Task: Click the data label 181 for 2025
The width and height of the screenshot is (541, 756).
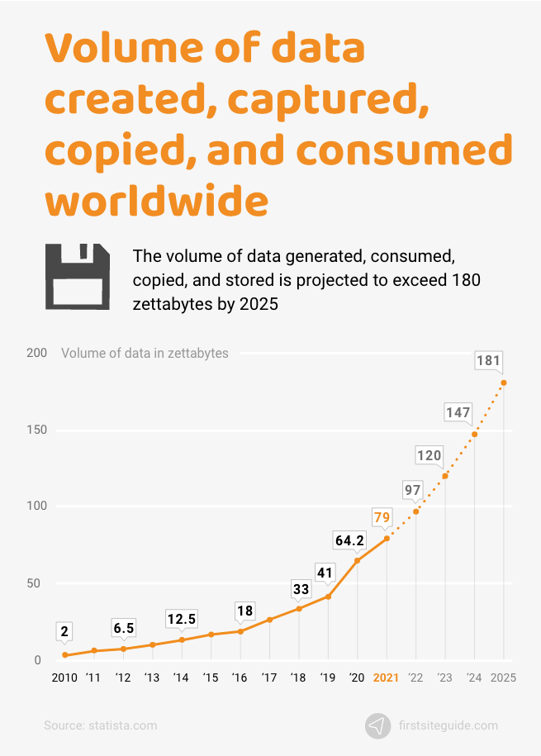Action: [488, 360]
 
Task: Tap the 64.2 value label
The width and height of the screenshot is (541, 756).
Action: [349, 540]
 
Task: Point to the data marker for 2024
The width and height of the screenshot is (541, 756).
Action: [474, 435]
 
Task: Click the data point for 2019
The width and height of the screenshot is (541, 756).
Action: [328, 597]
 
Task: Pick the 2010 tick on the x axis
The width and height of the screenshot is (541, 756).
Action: [64, 678]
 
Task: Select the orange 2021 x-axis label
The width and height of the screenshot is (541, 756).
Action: [386, 678]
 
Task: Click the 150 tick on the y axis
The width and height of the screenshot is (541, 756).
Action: [35, 430]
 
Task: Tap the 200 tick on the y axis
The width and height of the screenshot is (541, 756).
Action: [35, 354]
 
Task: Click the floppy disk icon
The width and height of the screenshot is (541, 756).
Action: [78, 277]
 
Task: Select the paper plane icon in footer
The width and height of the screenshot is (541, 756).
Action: [377, 725]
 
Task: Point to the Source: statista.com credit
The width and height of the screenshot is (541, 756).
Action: [100, 725]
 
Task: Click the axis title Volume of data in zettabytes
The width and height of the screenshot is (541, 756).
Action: [145, 354]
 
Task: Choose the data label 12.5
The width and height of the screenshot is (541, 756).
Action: [182, 619]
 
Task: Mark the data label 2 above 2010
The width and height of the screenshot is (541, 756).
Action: [64, 632]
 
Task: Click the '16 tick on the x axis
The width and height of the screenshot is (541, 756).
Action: [240, 678]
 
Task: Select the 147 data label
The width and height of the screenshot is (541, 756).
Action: [458, 412]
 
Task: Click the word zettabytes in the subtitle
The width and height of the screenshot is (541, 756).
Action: [173, 303]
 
